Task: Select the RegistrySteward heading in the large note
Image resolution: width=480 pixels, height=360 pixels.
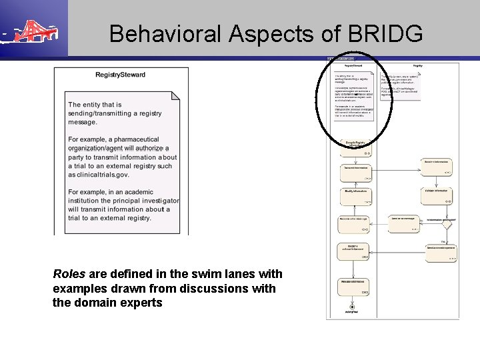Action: tap(121, 74)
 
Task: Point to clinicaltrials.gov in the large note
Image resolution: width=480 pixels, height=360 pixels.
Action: tap(98, 175)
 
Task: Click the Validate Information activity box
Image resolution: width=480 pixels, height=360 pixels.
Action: tap(437, 194)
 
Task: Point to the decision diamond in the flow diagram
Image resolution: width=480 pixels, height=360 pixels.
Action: tap(447, 225)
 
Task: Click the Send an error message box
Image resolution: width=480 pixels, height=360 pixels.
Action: tap(403, 223)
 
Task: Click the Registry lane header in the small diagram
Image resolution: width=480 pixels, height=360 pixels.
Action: tap(417, 65)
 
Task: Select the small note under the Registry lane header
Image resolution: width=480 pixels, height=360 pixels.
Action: tap(401, 86)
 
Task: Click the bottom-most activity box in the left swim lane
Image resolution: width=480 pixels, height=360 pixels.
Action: tap(356, 285)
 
